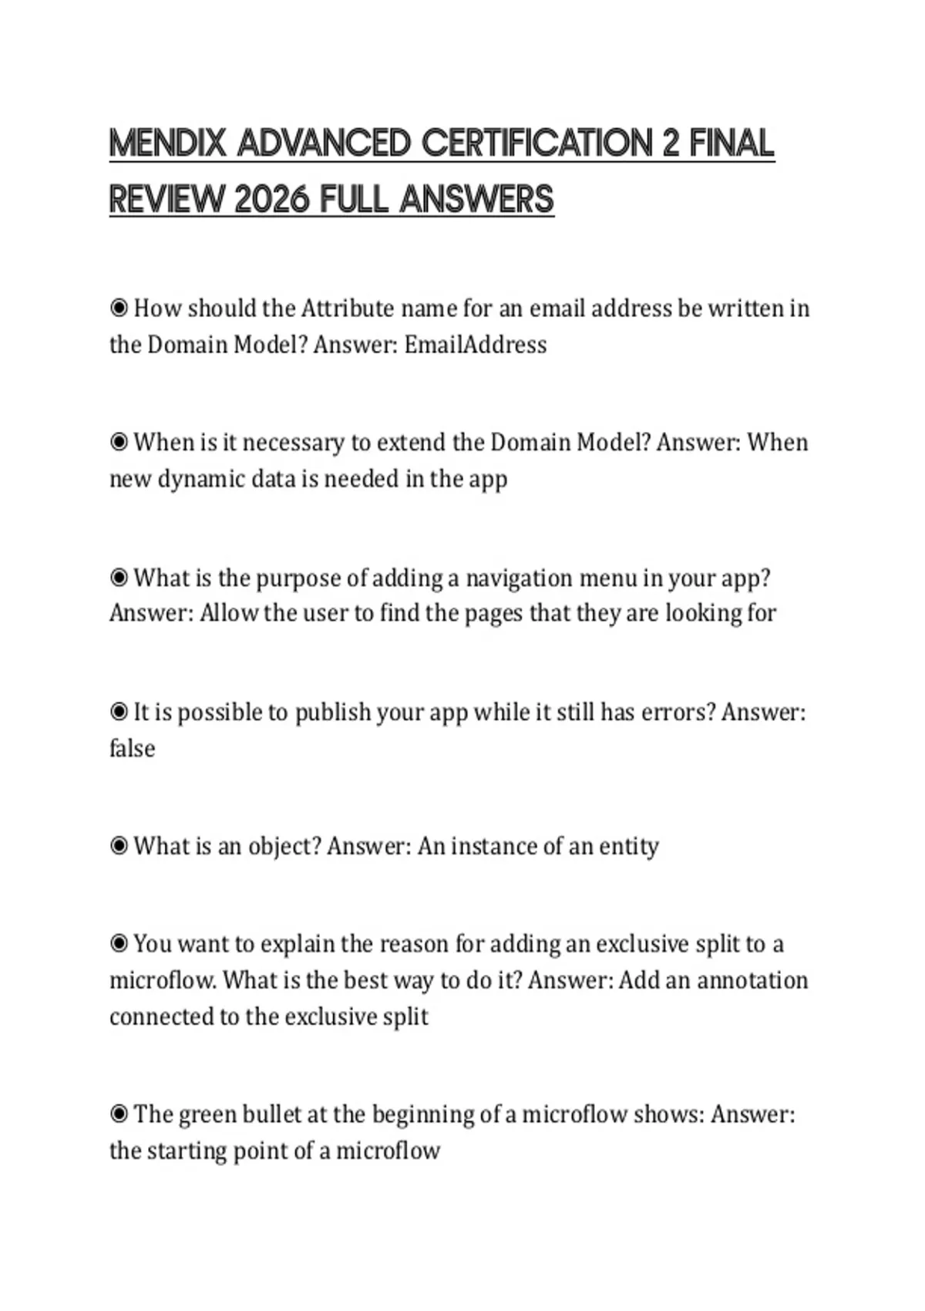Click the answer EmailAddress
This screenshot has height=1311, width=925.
coord(476,344)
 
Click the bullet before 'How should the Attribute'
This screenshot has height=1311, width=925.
coord(119,308)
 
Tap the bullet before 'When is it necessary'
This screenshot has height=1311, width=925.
coord(119,443)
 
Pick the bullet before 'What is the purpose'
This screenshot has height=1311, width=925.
coord(119,578)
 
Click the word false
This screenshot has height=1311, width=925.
coord(132,748)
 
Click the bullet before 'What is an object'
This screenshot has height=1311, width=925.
coord(119,846)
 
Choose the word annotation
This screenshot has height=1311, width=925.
coord(752,980)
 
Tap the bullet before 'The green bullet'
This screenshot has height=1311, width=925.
coord(119,1114)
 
